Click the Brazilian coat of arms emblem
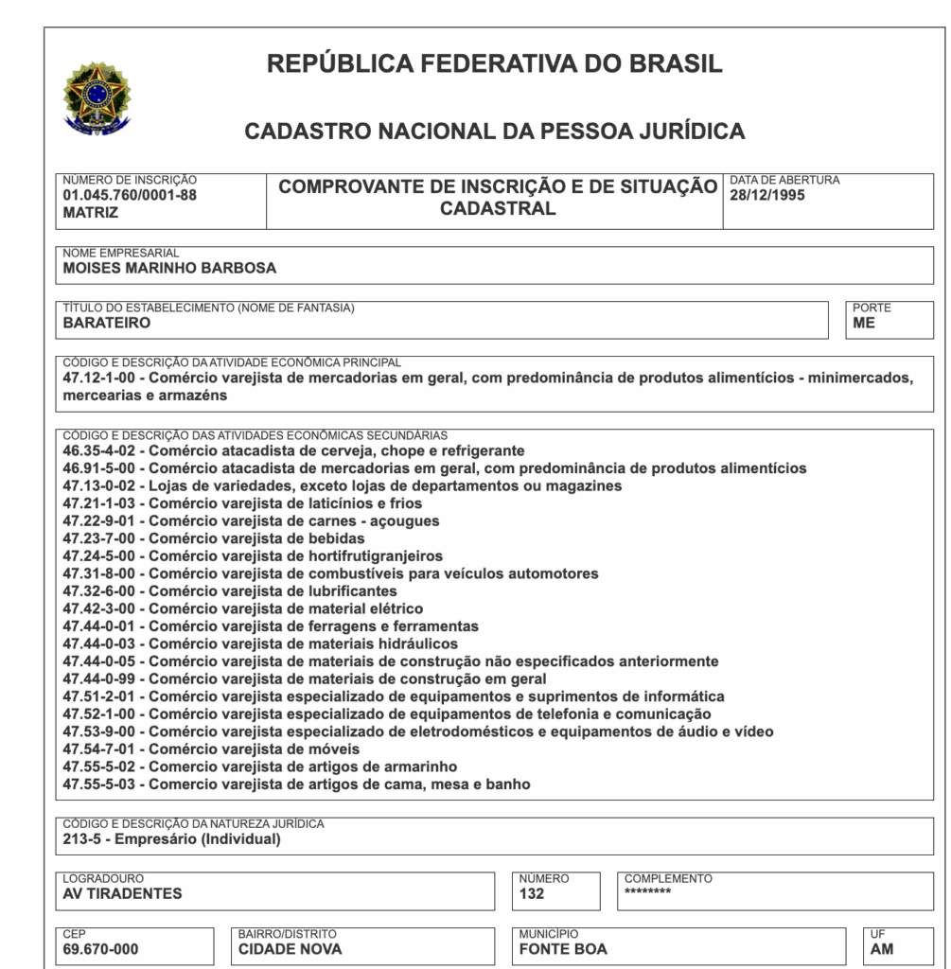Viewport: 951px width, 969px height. [97, 97]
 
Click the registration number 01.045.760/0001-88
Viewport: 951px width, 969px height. [130, 196]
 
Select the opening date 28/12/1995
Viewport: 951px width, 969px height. [767, 196]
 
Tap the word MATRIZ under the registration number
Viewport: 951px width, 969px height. [91, 213]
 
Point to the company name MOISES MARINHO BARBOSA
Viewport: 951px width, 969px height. [169, 268]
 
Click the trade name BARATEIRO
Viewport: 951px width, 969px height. [107, 323]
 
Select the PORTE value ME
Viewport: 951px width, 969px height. [864, 323]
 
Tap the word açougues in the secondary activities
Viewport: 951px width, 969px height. [408, 521]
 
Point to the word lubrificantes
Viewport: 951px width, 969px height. [353, 591]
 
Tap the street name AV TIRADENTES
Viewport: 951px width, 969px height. [122, 894]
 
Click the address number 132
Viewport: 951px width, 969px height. [532, 894]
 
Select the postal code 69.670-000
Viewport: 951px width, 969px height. [100, 949]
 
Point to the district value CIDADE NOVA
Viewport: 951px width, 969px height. [290, 949]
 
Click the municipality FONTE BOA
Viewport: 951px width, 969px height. [563, 949]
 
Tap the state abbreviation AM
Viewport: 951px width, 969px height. [881, 949]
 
